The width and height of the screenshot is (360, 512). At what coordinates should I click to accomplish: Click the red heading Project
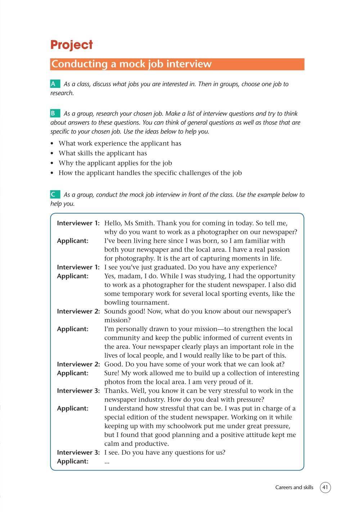click(x=72, y=45)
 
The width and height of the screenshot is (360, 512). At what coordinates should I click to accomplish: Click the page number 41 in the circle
click(x=325, y=488)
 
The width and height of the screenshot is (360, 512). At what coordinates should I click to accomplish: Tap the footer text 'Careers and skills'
click(x=294, y=488)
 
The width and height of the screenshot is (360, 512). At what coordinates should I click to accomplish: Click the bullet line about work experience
click(x=120, y=143)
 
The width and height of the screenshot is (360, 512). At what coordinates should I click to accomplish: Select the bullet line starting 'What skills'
click(x=103, y=153)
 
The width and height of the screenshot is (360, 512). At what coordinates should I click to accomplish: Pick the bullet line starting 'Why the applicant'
click(x=115, y=163)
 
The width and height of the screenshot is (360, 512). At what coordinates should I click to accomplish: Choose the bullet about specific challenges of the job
click(x=150, y=173)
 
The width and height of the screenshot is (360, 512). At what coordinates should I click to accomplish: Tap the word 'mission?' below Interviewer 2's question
click(x=117, y=320)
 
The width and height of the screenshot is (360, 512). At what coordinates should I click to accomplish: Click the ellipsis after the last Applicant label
click(x=107, y=461)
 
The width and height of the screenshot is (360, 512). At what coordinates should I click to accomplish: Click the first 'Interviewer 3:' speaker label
click(x=78, y=391)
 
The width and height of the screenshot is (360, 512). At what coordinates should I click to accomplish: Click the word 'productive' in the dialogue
click(x=151, y=444)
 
